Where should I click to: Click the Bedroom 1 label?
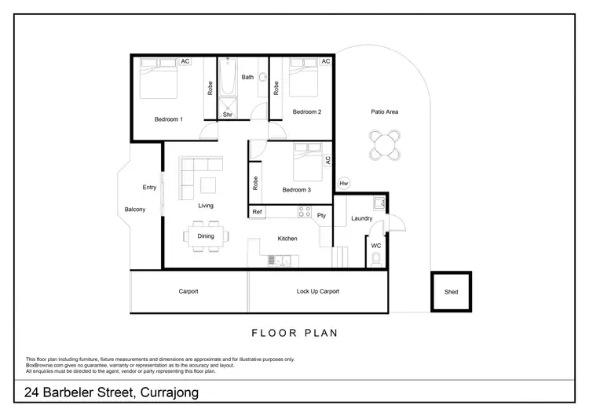[x=168, y=119]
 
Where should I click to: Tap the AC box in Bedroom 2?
[x=326, y=61]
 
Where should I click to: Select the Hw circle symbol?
[x=344, y=184]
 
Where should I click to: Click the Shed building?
[x=451, y=292]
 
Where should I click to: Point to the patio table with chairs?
[x=385, y=144]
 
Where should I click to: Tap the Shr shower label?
[x=228, y=115]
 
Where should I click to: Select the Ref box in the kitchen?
[x=257, y=212]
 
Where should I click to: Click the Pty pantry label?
[x=321, y=215]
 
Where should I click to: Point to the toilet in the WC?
[x=376, y=258]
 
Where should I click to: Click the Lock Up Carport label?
[x=317, y=291]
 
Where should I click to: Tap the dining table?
[x=206, y=235]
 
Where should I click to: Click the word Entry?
[x=149, y=188]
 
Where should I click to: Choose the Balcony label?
[x=135, y=210]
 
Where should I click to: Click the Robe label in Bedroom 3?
[x=257, y=183]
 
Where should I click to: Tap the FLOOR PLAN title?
[x=294, y=333]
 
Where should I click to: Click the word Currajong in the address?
[x=166, y=393]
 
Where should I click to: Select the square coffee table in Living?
[x=207, y=185]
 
